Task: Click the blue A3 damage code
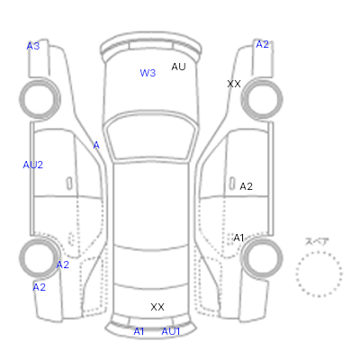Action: pos(33,46)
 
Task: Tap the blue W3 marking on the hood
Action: pos(148,73)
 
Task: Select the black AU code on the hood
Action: pos(178,67)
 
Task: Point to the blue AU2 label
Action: pos(33,165)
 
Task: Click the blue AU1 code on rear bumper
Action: pos(171,331)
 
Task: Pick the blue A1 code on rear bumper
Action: pos(139,331)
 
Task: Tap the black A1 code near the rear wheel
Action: pos(238,238)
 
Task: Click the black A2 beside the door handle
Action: pos(246,186)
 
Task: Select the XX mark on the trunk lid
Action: pos(157,307)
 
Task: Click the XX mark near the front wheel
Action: pos(234,84)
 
